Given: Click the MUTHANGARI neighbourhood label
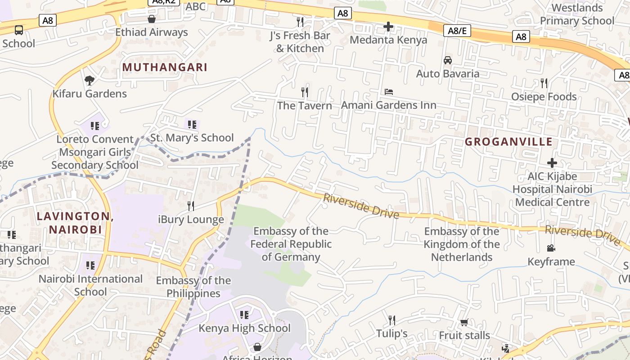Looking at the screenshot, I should (x=165, y=67).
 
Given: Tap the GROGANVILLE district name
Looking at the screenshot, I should (x=508, y=142).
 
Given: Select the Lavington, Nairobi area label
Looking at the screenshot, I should (x=75, y=222).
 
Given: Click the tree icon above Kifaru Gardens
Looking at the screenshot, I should (x=90, y=81).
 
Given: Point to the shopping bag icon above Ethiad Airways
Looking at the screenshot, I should (x=152, y=19).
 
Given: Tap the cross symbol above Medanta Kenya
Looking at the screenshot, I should (x=388, y=27).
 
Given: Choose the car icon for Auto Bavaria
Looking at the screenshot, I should (x=448, y=60).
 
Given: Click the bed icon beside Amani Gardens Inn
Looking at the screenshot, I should (x=389, y=92).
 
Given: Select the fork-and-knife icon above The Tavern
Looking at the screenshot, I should (x=305, y=92).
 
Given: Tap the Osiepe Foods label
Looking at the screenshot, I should (x=544, y=97).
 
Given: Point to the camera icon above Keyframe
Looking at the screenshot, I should (x=551, y=248).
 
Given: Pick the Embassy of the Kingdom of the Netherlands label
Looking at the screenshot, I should (x=462, y=244).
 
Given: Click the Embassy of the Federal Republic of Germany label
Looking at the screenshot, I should (x=291, y=244).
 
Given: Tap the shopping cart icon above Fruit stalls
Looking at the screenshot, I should (x=464, y=322).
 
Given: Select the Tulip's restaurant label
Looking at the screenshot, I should (x=392, y=333).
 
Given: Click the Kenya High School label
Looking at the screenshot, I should (x=244, y=328).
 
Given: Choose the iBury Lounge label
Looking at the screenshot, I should (x=191, y=220).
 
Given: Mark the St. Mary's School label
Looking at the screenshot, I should (x=192, y=138).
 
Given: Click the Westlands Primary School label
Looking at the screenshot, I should (x=577, y=14).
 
